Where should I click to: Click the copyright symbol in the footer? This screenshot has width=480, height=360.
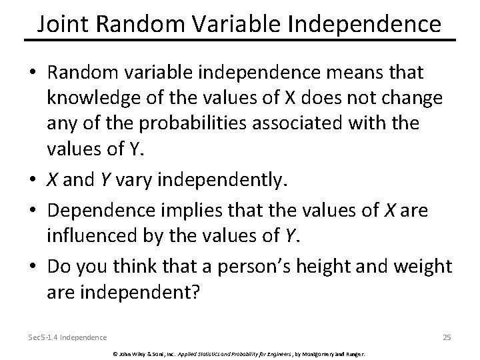click(114, 352)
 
